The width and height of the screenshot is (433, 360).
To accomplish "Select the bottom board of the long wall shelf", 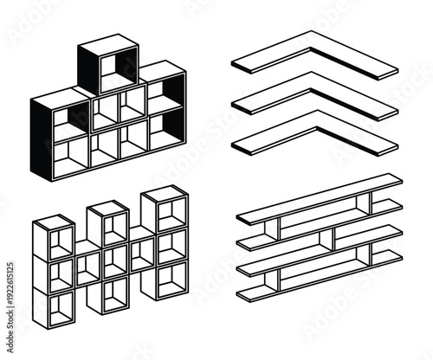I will [x=320, y=281].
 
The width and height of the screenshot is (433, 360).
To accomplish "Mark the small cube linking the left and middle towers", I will [x=87, y=265].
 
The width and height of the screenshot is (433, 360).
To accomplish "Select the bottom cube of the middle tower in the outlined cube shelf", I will [x=112, y=295].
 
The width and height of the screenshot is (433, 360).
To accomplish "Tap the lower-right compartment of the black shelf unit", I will [x=164, y=130].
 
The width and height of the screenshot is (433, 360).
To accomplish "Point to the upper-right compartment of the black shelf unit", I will [x=165, y=95].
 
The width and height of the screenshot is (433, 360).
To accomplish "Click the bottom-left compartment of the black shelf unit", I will [x=69, y=151].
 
